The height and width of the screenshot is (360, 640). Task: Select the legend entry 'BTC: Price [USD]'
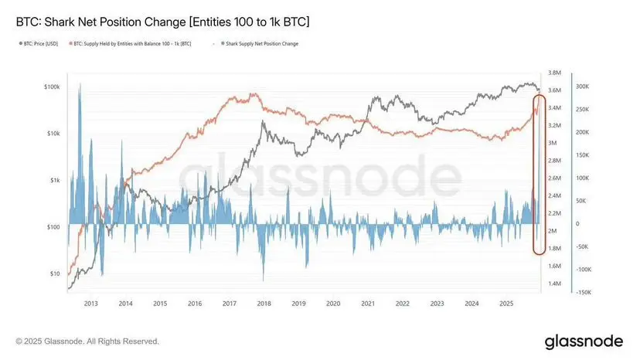[x=39, y=43]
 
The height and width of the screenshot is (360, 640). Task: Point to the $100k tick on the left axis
[x=51, y=87]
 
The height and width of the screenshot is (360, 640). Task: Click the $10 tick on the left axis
[x=54, y=273]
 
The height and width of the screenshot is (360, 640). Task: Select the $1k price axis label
[x=53, y=180]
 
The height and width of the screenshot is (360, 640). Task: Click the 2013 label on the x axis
[x=91, y=304]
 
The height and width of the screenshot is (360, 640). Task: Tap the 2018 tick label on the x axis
[x=264, y=304]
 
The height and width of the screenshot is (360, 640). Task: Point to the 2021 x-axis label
[x=368, y=304]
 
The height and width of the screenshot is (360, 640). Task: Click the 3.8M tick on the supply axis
[x=553, y=73]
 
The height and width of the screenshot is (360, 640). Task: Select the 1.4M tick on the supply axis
[x=553, y=284]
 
